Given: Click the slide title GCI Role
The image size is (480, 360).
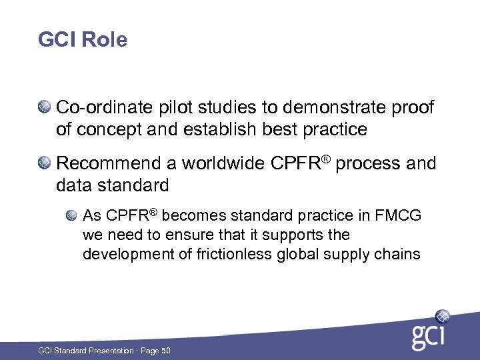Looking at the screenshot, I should point(83,40).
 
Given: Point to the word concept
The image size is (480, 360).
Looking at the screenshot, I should point(109,129).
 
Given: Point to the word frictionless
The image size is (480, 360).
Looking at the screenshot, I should point(224,254).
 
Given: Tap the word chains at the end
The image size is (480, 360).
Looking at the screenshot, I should point(399,254).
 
